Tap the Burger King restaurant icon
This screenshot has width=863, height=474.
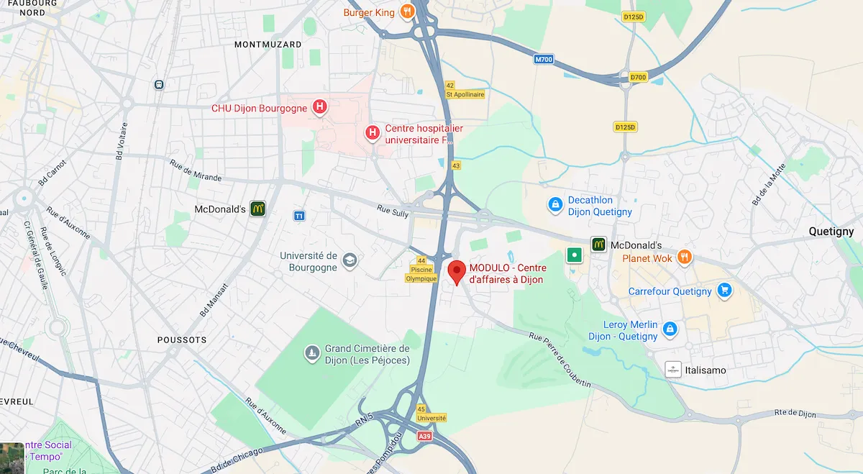pyautogui.click(x=407, y=12)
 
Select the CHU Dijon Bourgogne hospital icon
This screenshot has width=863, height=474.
pyautogui.click(x=320, y=109)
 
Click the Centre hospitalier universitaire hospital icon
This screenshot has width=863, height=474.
pyautogui.click(x=373, y=132)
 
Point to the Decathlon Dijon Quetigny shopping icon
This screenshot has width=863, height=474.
pyautogui.click(x=554, y=206)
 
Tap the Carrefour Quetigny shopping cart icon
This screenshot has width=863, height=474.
pyautogui.click(x=724, y=291)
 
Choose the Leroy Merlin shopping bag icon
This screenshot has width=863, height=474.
pyautogui.click(x=670, y=329)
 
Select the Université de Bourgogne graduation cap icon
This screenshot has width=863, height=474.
pyautogui.click(x=350, y=260)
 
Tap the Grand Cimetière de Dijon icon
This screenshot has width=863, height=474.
pyautogui.click(x=311, y=352)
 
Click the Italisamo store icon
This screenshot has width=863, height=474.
pyautogui.click(x=673, y=370)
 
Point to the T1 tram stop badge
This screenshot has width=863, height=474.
pyautogui.click(x=299, y=216)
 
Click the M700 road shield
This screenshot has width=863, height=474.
pyautogui.click(x=544, y=60)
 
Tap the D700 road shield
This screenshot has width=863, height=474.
pyautogui.click(x=638, y=77)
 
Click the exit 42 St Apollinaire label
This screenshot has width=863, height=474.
pyautogui.click(x=465, y=90)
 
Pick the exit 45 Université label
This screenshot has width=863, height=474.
pyautogui.click(x=431, y=414)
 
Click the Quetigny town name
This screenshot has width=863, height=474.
pyautogui.click(x=831, y=232)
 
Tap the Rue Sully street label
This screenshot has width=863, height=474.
pyautogui.click(x=393, y=211)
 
